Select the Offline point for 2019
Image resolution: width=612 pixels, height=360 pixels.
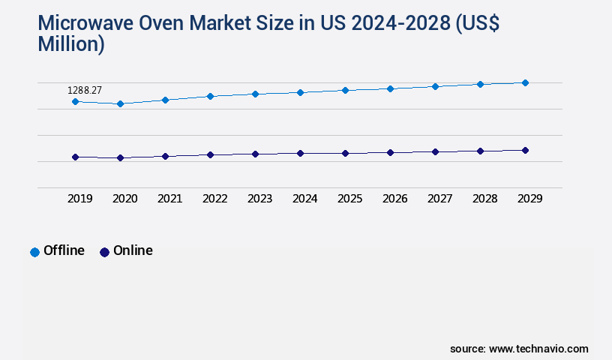(75, 101)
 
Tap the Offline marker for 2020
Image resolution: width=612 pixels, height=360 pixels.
(120, 103)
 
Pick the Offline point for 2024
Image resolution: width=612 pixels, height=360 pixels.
(300, 92)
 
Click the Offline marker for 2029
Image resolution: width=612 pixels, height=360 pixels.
(525, 82)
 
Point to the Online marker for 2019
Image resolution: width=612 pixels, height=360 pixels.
(75, 157)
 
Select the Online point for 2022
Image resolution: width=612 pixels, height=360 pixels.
(210, 154)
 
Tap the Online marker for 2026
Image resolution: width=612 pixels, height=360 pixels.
(390, 152)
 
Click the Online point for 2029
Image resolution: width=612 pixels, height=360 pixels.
(525, 150)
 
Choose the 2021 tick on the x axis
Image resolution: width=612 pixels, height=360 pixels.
(169, 199)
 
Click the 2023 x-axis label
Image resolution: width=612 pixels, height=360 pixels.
(259, 199)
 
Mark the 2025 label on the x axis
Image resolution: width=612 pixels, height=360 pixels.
(349, 199)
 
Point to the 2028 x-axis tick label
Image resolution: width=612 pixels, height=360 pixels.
(484, 199)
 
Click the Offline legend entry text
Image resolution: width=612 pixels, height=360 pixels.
(64, 250)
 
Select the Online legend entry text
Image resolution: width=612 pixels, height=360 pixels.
(133, 250)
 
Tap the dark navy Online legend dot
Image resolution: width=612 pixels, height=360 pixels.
(104, 252)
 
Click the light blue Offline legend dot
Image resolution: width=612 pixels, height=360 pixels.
(34, 252)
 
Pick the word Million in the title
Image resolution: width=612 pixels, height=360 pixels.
(70, 43)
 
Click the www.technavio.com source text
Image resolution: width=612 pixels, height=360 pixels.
(538, 349)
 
